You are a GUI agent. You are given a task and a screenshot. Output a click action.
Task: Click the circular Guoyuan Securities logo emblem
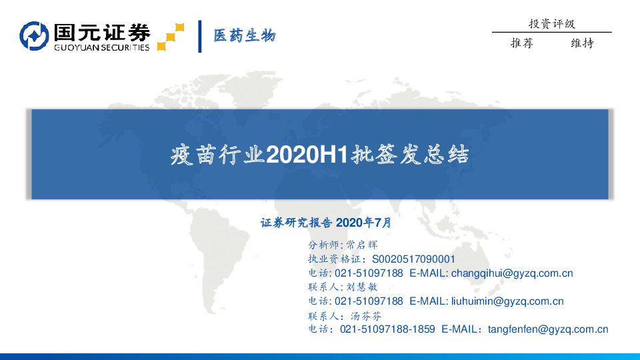35,37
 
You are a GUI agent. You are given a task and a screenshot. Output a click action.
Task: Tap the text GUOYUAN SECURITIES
101,47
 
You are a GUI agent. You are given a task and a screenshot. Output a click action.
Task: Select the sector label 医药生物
244,36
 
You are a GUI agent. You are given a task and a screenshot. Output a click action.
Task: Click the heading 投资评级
551,24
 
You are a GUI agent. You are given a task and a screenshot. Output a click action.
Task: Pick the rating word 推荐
521,44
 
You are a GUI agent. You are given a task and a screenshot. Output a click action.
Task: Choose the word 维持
582,44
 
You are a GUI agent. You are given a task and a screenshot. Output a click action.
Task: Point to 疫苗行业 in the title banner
217,157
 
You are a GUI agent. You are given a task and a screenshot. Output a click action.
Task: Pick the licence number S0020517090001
413,259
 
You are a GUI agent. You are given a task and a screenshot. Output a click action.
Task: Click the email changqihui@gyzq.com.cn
512,273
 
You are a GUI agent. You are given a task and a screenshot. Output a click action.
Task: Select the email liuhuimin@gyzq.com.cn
507,301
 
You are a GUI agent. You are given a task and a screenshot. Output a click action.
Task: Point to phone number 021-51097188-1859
387,329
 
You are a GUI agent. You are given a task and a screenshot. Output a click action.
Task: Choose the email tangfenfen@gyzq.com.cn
548,329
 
